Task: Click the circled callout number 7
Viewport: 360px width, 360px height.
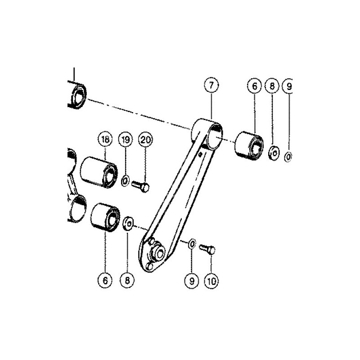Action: click(211, 85)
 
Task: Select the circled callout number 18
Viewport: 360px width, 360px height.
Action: click(105, 139)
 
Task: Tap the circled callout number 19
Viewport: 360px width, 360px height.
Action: click(126, 139)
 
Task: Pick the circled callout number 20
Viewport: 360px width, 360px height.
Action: click(145, 139)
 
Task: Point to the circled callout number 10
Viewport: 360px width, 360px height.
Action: click(211, 280)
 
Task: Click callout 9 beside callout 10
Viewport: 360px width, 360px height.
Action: click(192, 280)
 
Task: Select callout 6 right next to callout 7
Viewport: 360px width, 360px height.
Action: click(254, 86)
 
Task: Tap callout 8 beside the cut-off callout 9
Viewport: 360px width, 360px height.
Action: click(272, 86)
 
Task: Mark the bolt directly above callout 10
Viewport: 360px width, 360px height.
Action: click(207, 249)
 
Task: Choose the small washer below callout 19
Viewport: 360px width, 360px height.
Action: click(125, 180)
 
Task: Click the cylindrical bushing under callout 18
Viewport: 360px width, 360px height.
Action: click(99, 172)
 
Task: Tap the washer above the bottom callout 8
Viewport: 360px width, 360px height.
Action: click(128, 223)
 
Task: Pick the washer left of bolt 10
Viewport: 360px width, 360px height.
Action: click(192, 243)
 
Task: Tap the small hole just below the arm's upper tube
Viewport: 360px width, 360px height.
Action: click(200, 154)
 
